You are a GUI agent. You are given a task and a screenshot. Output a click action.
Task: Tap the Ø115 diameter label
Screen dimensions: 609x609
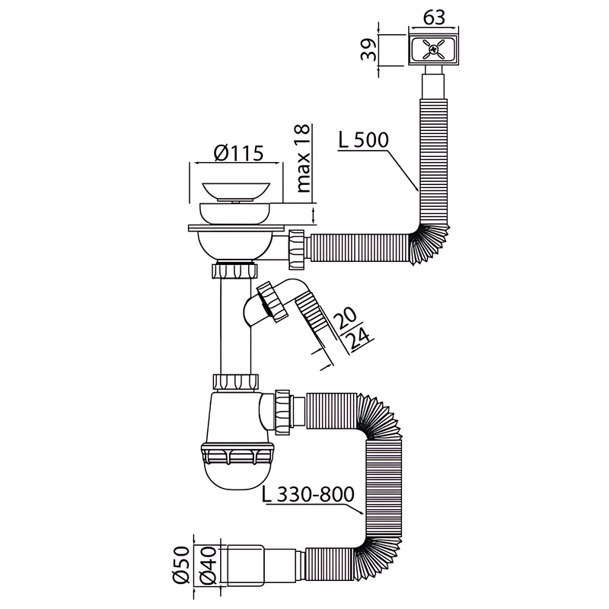pyautogui.click(x=238, y=153)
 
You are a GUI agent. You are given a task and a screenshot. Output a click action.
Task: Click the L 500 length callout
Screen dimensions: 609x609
pyautogui.click(x=362, y=141)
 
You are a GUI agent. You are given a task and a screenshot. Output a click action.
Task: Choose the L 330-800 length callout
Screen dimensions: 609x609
pyautogui.click(x=308, y=493)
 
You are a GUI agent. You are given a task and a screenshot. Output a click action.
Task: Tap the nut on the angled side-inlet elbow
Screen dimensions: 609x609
pyautogui.click(x=273, y=300)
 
